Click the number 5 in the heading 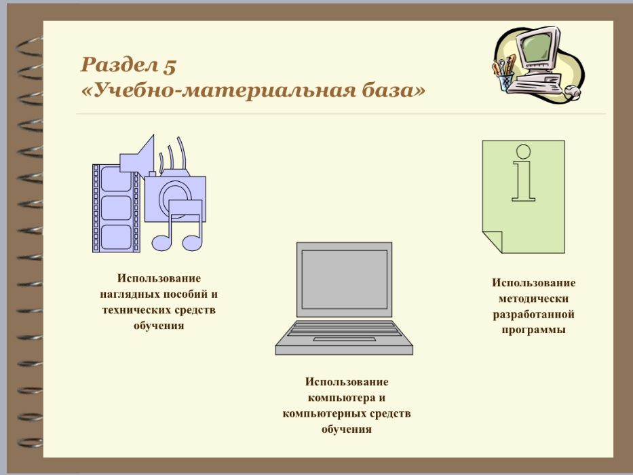coord(170,66)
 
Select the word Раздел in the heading coord(119,65)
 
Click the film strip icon coord(115,208)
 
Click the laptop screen coord(344,279)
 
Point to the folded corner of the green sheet coord(493,242)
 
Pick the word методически coord(533,299)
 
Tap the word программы coord(534,330)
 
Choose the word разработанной coord(534,315)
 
